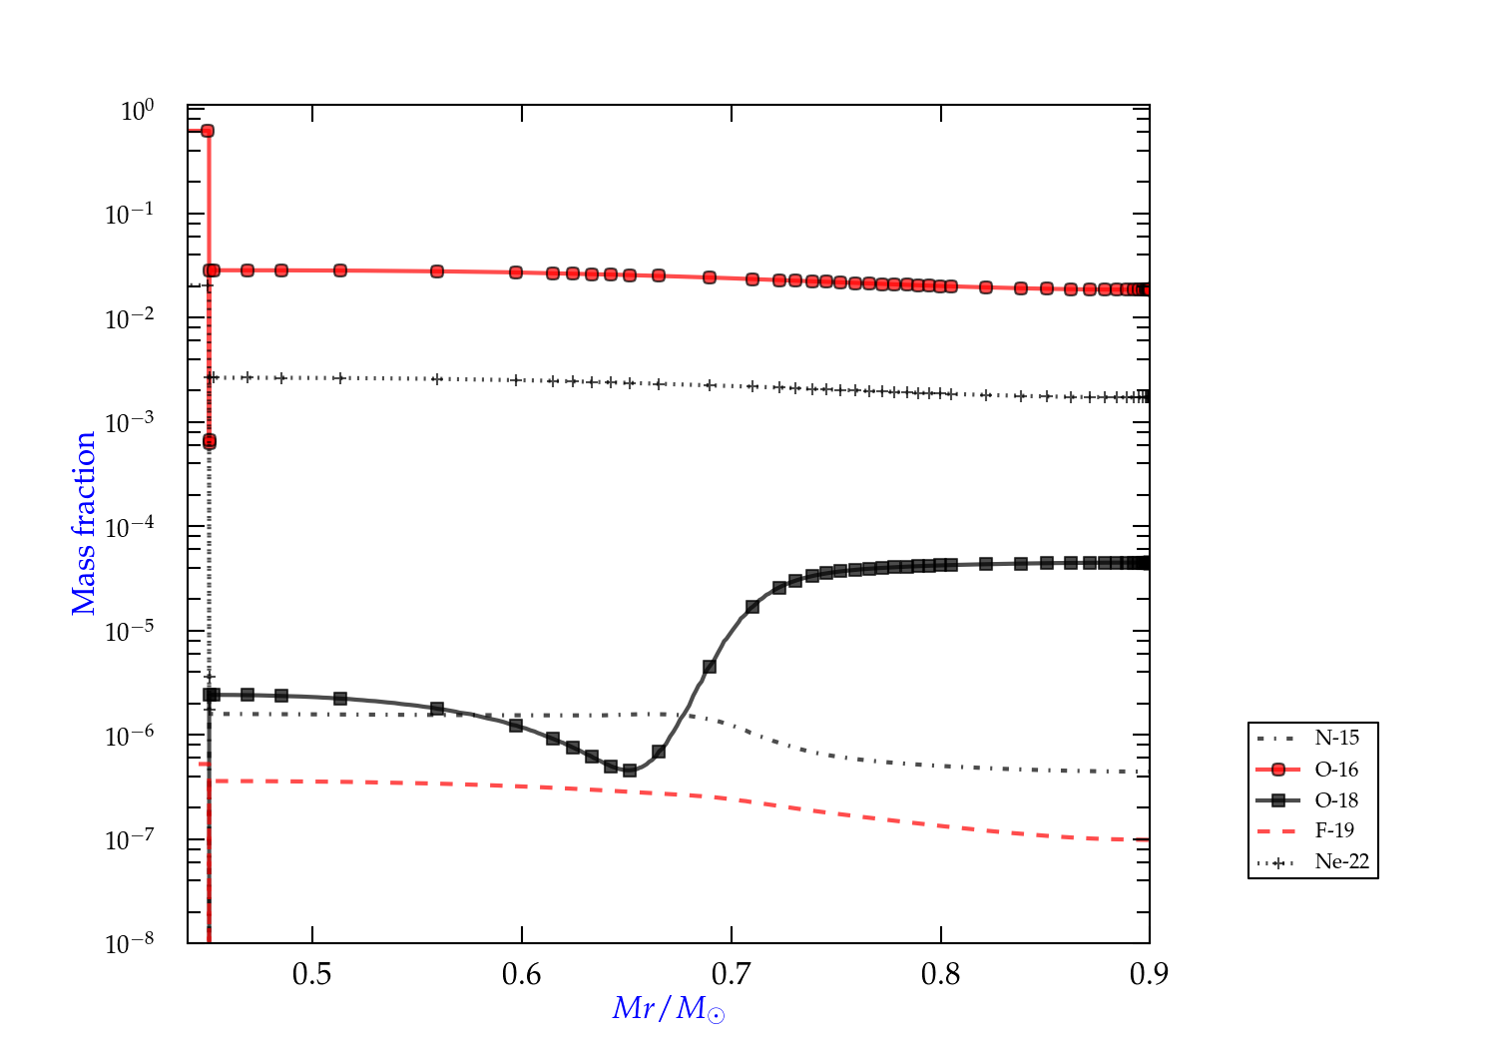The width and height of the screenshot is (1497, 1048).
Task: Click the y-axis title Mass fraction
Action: (84, 523)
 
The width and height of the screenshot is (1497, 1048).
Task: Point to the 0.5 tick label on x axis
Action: (312, 974)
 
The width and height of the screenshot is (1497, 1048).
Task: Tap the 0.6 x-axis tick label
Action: (522, 974)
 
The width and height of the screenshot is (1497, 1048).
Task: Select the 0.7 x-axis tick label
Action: (732, 974)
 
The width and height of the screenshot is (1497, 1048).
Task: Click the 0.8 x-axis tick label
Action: (941, 974)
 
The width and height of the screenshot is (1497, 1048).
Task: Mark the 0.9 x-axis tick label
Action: (1149, 974)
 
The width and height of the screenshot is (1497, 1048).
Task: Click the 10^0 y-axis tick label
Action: (138, 110)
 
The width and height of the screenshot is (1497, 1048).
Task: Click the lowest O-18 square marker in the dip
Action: (630, 771)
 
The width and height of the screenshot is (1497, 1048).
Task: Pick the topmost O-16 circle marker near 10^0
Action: (208, 131)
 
